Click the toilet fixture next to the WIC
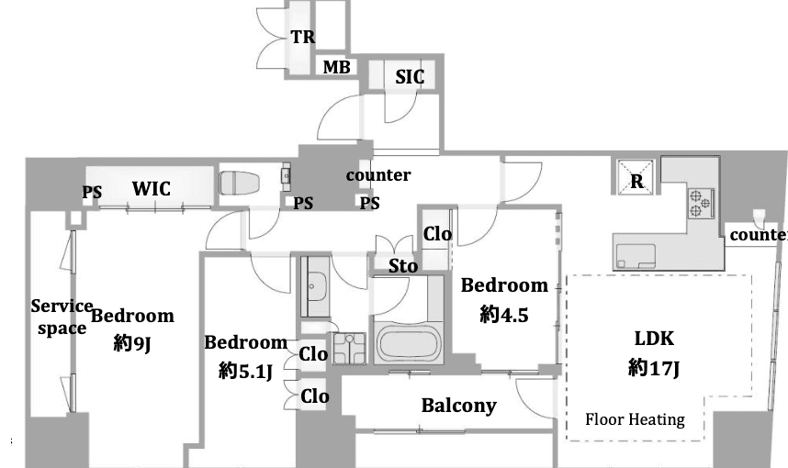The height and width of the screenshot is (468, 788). coord(239,183)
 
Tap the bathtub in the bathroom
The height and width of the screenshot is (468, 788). coord(408,344)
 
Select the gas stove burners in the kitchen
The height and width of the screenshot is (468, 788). coord(701,203)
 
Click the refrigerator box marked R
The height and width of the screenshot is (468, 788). coord(636,177)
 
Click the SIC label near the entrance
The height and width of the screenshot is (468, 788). coord(410,77)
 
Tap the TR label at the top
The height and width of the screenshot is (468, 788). coord(303,37)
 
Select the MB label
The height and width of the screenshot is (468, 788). coord(336,67)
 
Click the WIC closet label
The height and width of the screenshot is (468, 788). coord(152,189)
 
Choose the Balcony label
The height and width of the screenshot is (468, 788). coord(459,406)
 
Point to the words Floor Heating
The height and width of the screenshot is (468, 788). coord(635,419)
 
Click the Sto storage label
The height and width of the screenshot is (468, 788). coord(403,265)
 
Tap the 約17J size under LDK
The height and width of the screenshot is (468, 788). coord(654,368)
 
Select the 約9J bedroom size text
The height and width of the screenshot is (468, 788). coord(132,343)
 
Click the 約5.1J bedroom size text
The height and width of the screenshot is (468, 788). coord(246,371)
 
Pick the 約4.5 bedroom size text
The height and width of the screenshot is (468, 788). coord(504,315)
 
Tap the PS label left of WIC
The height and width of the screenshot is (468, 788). coord(92,193)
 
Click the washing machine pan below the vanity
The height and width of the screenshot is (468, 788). coord(349,347)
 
